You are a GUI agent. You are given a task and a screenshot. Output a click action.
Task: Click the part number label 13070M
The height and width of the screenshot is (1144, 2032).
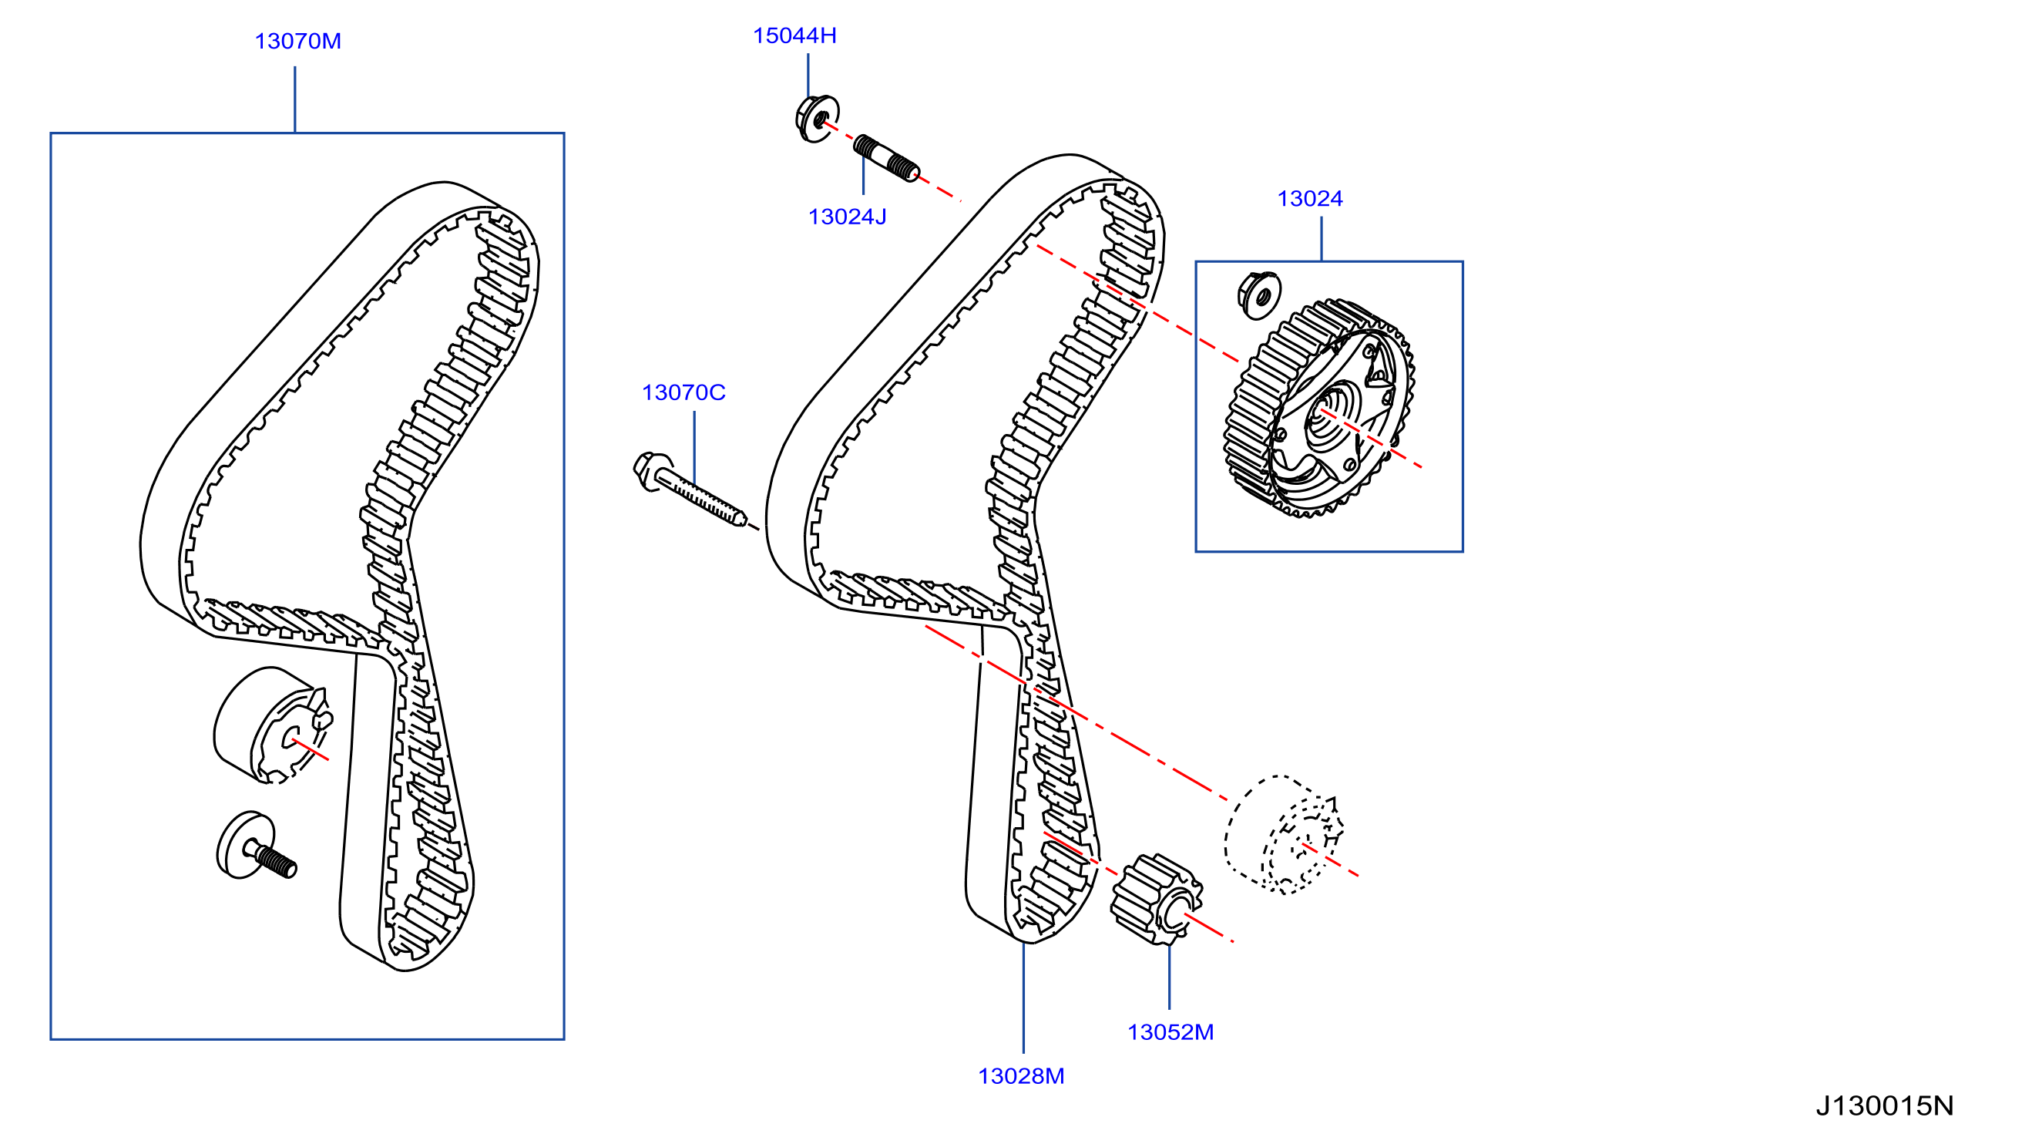point(298,41)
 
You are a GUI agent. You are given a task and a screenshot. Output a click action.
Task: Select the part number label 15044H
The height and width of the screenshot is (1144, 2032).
point(794,35)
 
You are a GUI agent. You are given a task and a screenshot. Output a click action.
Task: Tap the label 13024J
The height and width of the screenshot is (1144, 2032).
point(847,217)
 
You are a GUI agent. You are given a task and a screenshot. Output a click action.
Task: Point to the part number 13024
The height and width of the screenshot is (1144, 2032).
point(1309,199)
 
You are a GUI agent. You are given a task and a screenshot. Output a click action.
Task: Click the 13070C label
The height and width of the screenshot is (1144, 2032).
point(683,393)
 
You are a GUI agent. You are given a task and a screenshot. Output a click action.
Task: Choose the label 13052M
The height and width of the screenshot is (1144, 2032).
point(1170,1033)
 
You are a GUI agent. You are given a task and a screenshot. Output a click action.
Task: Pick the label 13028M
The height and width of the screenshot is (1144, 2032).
point(1022,1077)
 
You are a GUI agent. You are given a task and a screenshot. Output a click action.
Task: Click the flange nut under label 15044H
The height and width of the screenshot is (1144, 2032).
point(818,119)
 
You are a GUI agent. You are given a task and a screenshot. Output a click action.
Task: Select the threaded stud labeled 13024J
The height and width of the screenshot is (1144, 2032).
point(887,158)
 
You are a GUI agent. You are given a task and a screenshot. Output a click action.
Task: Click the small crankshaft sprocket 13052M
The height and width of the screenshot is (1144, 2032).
point(1157,900)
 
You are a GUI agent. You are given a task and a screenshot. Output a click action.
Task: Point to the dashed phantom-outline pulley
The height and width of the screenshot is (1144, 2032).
point(1284,835)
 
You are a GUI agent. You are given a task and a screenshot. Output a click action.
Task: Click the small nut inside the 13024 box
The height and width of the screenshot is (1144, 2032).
point(1259,295)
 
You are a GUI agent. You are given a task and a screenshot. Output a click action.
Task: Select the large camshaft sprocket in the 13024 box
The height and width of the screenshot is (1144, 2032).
point(1319,409)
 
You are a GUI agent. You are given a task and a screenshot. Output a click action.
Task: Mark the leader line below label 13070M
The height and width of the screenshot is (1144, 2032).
point(295,99)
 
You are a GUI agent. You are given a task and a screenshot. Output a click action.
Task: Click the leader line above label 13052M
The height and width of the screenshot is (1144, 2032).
point(1169,977)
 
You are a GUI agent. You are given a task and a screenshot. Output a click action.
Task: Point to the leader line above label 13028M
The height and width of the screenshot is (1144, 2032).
point(1023,998)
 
